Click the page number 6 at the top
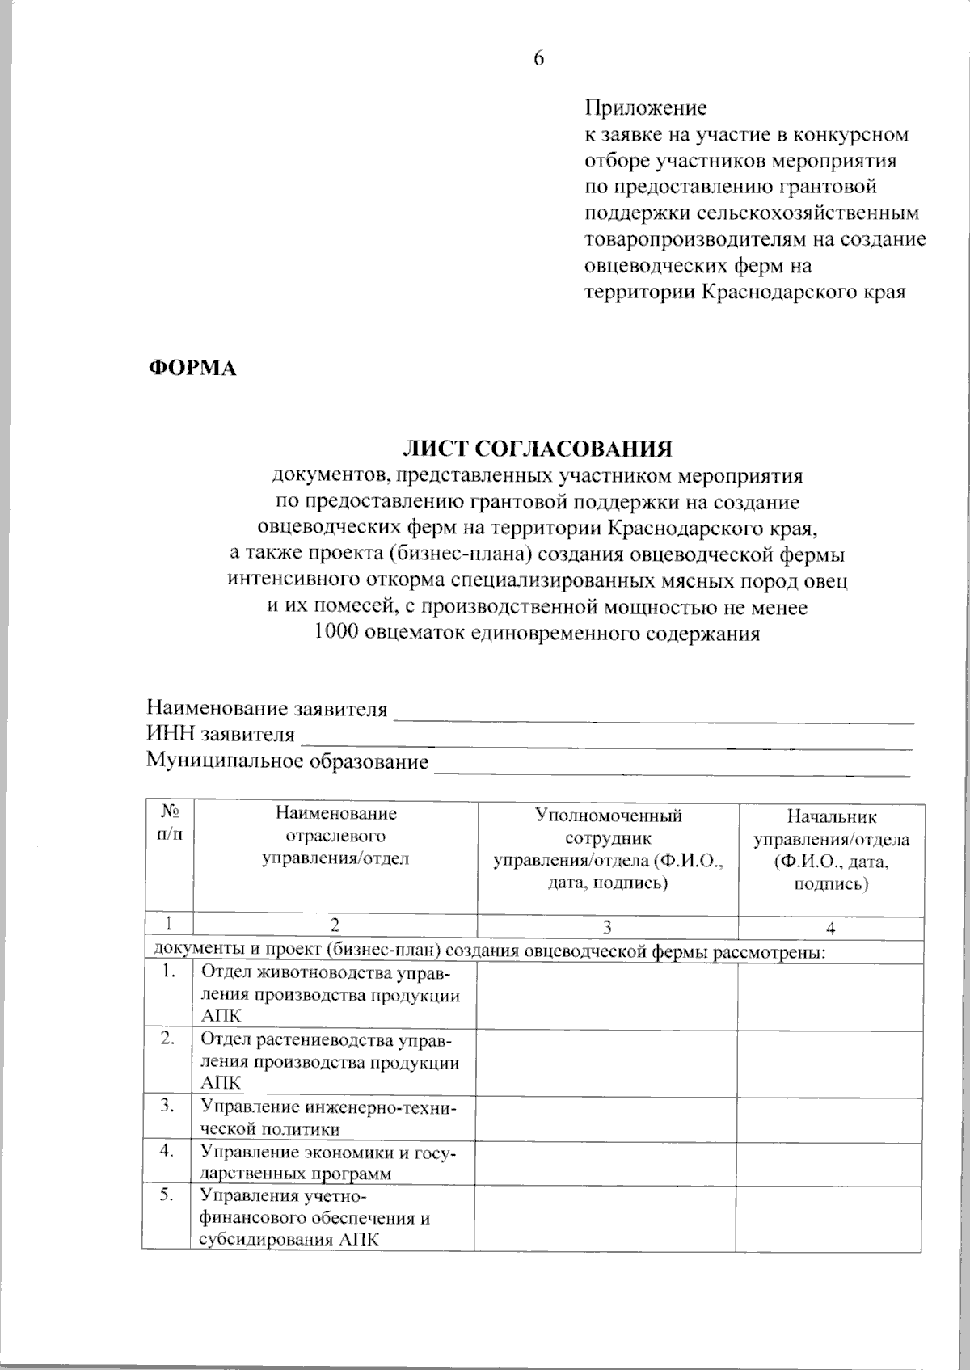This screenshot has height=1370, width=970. [538, 58]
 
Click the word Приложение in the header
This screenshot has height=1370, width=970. [645, 108]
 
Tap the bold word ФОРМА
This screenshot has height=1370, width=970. [192, 369]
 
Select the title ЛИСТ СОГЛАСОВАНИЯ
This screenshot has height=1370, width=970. [538, 449]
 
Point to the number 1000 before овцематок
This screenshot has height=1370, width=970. [335, 634]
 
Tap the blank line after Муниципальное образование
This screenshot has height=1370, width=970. [673, 765]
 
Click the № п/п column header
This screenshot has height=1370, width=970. [169, 823]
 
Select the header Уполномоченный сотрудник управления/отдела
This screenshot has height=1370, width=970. [608, 849]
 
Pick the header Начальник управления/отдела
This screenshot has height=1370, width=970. [831, 850]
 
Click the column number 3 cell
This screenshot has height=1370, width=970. [607, 928]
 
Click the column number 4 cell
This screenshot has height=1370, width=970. [830, 929]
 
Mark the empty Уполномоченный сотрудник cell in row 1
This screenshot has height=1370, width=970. [606, 996]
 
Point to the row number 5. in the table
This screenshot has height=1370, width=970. [167, 1195]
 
